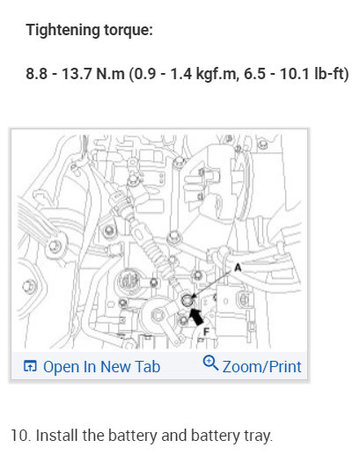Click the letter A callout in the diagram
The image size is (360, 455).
[238, 265]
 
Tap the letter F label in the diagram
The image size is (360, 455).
[207, 333]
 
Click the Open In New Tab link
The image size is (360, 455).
[101, 366]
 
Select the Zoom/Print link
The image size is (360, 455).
[261, 366]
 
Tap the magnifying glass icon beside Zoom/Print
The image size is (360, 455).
[210, 364]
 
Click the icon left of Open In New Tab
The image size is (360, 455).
[30, 366]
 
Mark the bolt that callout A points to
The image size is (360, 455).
[187, 303]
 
